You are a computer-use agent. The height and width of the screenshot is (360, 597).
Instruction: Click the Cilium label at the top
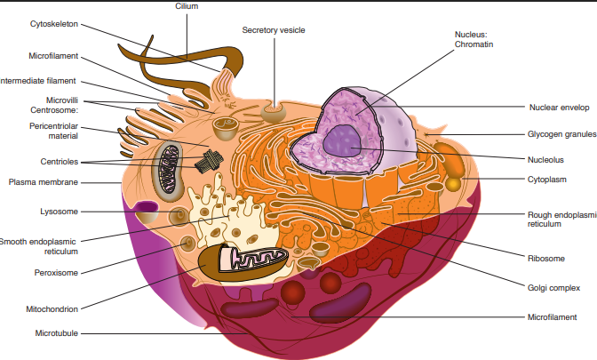(187, 6)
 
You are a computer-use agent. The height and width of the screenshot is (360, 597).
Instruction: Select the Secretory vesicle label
(274, 30)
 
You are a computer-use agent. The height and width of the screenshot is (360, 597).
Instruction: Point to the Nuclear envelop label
(560, 107)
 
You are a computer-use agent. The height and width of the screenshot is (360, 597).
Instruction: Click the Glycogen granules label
(561, 134)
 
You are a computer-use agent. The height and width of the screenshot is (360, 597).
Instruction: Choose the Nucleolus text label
(546, 159)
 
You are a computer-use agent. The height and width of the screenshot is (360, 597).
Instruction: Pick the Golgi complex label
(553, 287)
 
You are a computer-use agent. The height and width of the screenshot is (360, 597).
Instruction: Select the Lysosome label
(59, 212)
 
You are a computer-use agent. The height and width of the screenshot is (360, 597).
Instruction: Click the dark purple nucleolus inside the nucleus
(341, 140)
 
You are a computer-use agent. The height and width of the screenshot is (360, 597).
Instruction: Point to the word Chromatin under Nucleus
(472, 44)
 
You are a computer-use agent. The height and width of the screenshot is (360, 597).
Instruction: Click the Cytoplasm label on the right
(547, 180)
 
